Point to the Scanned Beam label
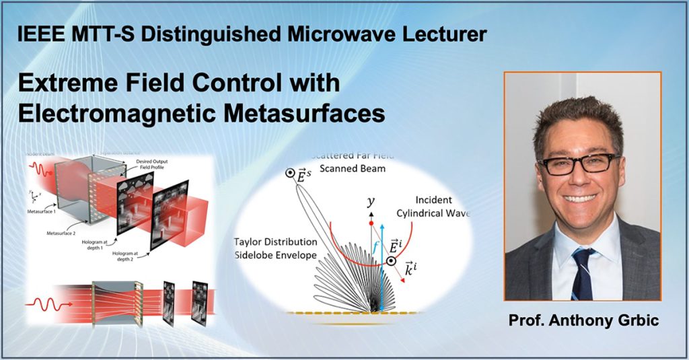(353, 168)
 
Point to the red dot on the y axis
(370, 222)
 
